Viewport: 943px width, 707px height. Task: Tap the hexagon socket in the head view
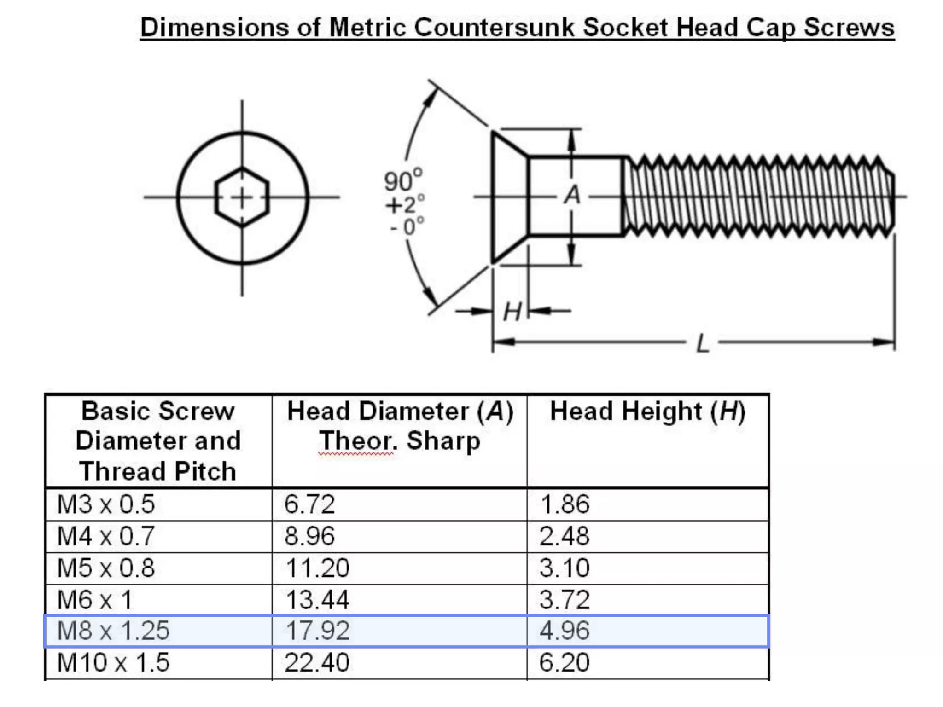click(x=242, y=197)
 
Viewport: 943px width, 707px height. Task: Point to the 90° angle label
click(x=402, y=180)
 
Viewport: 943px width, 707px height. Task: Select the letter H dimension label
click(x=512, y=312)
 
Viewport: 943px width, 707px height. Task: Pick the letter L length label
click(x=703, y=343)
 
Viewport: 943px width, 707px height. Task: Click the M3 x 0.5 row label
click(x=106, y=504)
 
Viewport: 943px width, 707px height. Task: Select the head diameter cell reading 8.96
click(x=309, y=536)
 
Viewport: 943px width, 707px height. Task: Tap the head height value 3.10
click(x=565, y=568)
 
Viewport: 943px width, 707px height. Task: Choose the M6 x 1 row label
click(x=95, y=600)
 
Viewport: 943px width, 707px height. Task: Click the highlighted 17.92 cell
click(x=317, y=631)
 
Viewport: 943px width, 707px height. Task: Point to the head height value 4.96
click(x=565, y=631)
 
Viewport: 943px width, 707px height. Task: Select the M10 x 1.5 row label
click(x=113, y=663)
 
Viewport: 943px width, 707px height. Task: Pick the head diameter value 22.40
click(x=317, y=663)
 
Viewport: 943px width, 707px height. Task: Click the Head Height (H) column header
click(x=647, y=411)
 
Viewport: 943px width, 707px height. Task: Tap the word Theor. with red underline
click(x=357, y=441)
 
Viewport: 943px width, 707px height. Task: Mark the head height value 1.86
click(x=565, y=504)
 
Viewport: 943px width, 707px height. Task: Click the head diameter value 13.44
click(x=317, y=600)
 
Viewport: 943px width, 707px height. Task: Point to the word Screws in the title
click(x=849, y=28)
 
